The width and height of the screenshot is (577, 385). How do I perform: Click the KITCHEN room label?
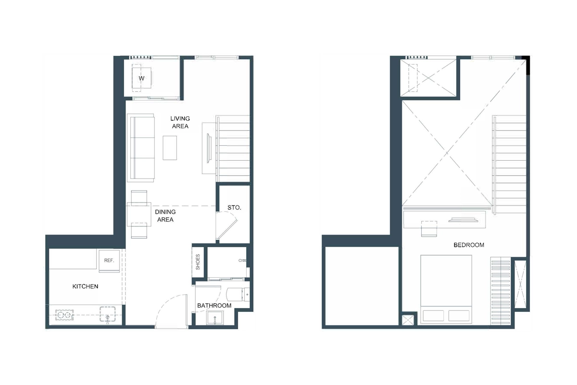[x=85, y=286]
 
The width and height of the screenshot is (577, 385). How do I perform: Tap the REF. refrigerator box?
[x=108, y=260]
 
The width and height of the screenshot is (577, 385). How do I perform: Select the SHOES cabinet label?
[x=198, y=262]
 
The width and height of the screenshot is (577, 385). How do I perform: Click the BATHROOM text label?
[x=214, y=306]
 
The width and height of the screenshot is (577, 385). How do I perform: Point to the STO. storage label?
[x=234, y=208]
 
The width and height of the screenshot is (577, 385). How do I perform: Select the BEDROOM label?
[x=468, y=245]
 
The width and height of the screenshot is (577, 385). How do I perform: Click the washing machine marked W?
[x=141, y=78]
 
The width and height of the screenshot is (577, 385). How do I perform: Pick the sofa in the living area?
[x=140, y=148]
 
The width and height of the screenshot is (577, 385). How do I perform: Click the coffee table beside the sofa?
[x=170, y=148]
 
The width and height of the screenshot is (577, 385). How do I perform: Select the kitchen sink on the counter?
[x=108, y=315]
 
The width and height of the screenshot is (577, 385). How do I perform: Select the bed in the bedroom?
[x=446, y=289]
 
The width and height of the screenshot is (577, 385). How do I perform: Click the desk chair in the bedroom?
[x=428, y=229]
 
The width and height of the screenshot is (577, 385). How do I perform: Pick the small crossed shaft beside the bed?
[x=408, y=320]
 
